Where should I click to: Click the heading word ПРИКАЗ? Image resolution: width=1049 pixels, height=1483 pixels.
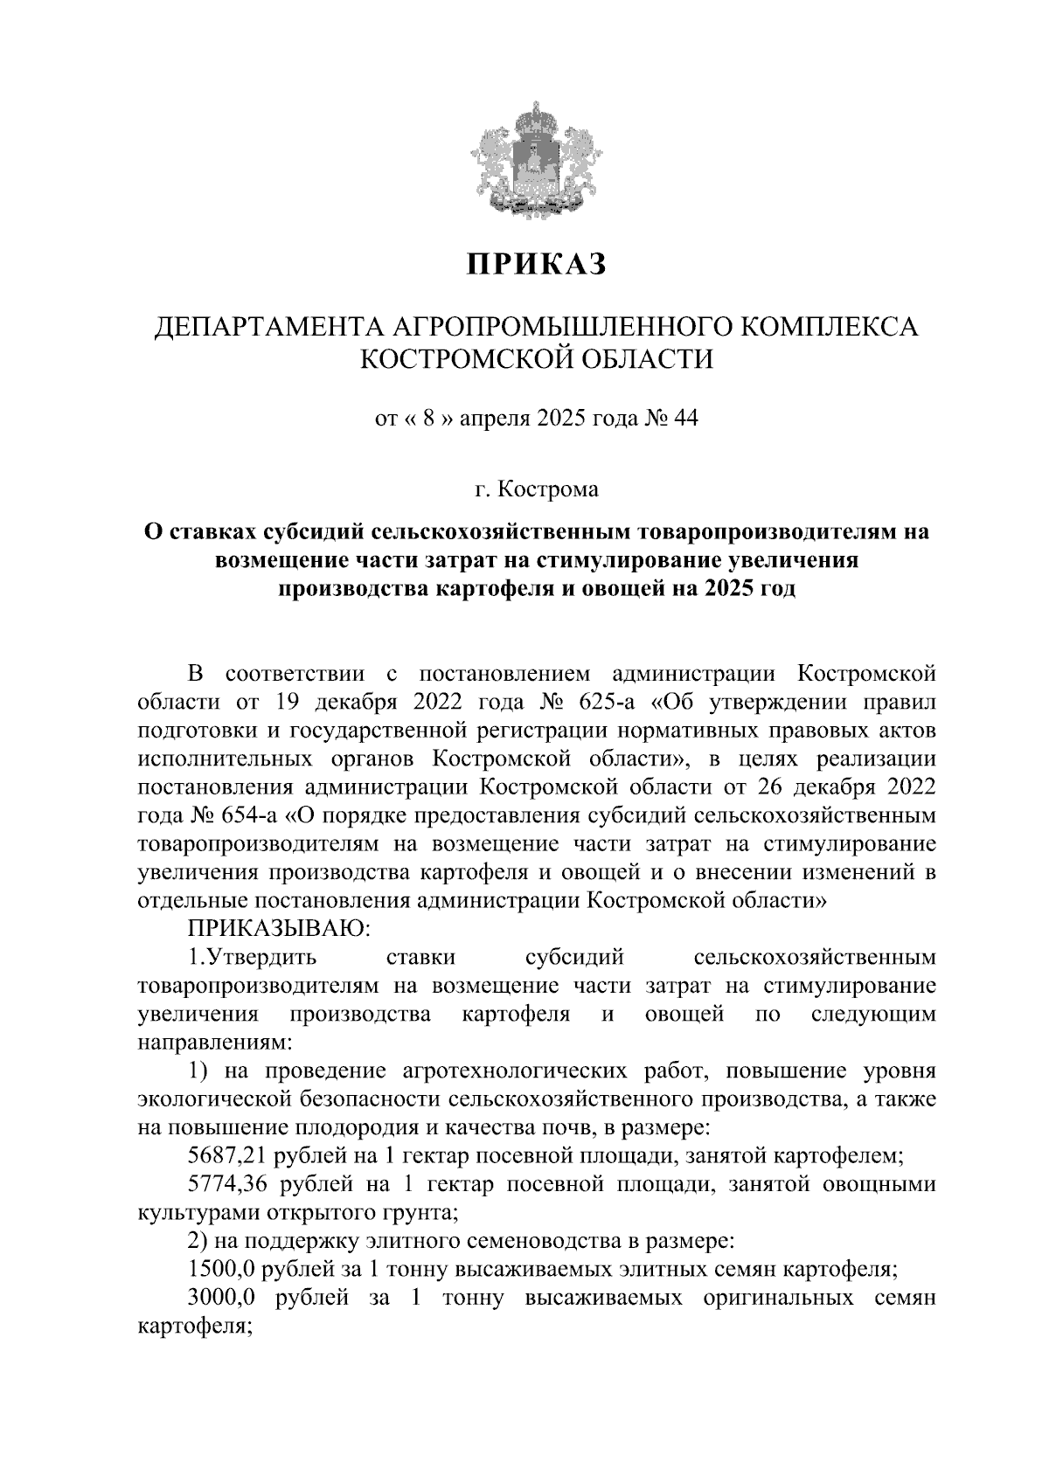pos(535,264)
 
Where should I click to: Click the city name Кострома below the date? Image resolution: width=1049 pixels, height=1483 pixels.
pos(548,489)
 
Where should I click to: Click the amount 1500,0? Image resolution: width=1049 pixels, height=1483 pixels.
pos(221,1269)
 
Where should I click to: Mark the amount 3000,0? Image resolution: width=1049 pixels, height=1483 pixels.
pos(221,1298)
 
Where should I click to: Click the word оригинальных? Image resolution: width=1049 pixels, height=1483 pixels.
pos(778,1298)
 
